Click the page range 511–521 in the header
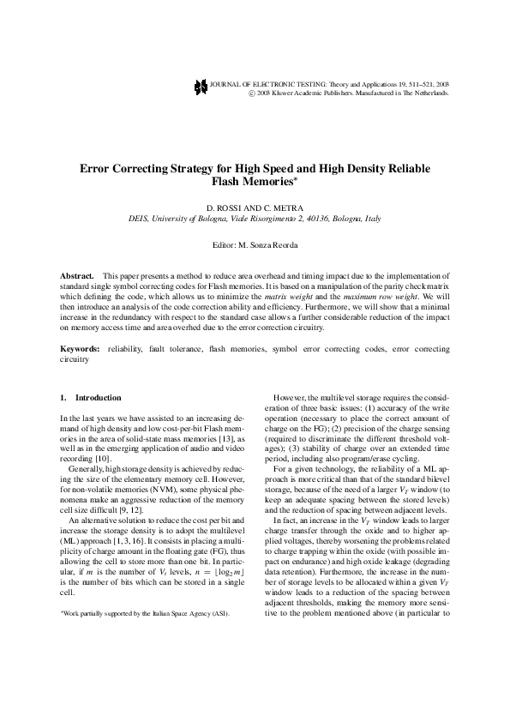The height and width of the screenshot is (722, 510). click(x=417, y=84)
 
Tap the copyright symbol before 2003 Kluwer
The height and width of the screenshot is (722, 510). click(x=252, y=93)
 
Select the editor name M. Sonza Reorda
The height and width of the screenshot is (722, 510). click(x=271, y=245)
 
